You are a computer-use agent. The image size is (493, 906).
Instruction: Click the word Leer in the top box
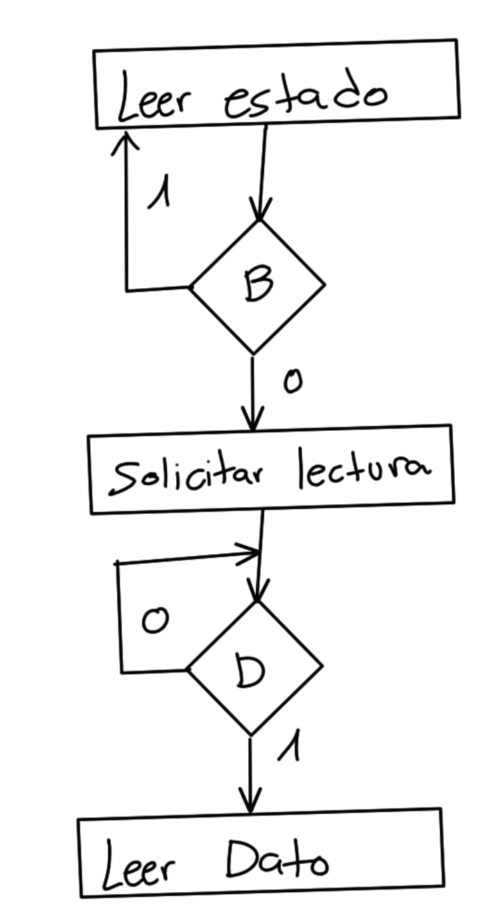coord(154,98)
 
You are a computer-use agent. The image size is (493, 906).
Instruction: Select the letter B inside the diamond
coord(257,285)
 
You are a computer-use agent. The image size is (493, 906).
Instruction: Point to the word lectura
coord(363,471)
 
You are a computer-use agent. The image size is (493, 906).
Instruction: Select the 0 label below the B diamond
coord(293,382)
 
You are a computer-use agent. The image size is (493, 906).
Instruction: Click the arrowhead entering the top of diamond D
coord(257,594)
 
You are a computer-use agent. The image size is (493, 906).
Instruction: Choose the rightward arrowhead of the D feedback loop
coord(251,552)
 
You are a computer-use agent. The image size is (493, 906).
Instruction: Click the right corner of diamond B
coord(324,283)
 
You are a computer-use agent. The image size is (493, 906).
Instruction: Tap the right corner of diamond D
coord(322,666)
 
